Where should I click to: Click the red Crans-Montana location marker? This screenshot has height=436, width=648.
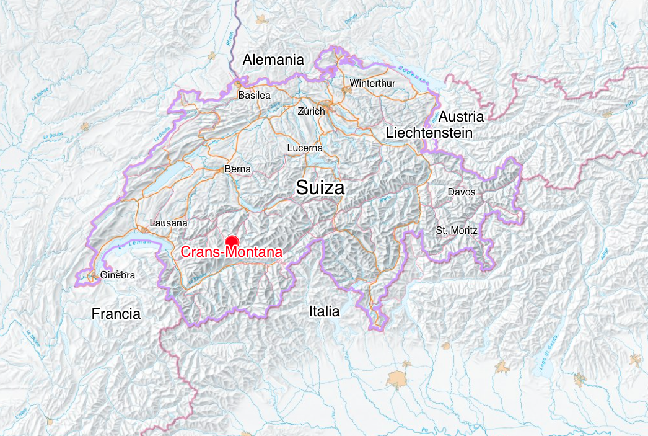(232, 242)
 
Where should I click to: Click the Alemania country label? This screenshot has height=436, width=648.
(273, 60)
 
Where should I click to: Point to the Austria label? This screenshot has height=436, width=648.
(461, 117)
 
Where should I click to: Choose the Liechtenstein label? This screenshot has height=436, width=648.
(429, 133)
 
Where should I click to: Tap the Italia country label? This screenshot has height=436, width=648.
(324, 311)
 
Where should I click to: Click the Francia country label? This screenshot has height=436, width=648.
(116, 314)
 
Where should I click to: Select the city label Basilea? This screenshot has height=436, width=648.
(254, 96)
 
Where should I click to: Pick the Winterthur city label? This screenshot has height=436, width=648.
(372, 83)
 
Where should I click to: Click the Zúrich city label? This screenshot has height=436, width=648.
(311, 111)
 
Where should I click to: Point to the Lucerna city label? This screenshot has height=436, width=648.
(305, 148)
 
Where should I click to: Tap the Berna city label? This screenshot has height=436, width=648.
(238, 169)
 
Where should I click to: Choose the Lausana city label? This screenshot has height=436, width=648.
(169, 223)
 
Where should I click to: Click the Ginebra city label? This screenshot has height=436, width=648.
(118, 275)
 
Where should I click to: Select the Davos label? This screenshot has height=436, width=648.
(462, 192)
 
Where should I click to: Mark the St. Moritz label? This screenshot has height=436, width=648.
(457, 230)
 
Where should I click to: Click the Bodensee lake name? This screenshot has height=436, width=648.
(414, 75)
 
